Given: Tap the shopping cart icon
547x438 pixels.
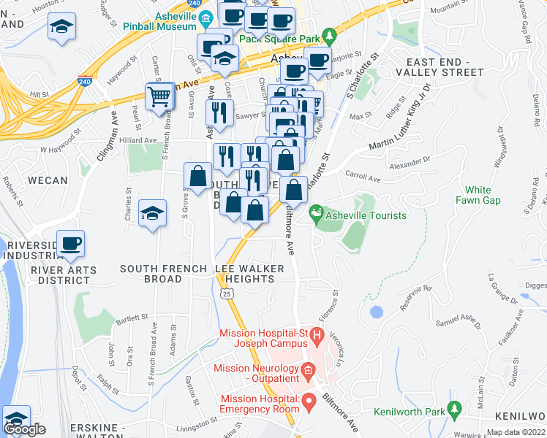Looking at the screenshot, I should (x=159, y=96).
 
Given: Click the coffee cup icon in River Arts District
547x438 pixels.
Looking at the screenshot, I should (x=71, y=243).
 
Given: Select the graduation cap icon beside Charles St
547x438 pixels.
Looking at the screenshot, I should (x=153, y=213).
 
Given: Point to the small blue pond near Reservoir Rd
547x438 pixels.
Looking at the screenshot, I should (x=376, y=312).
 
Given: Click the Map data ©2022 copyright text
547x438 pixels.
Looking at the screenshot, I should (x=516, y=432).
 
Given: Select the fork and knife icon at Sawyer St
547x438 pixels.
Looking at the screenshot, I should (x=219, y=112).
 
